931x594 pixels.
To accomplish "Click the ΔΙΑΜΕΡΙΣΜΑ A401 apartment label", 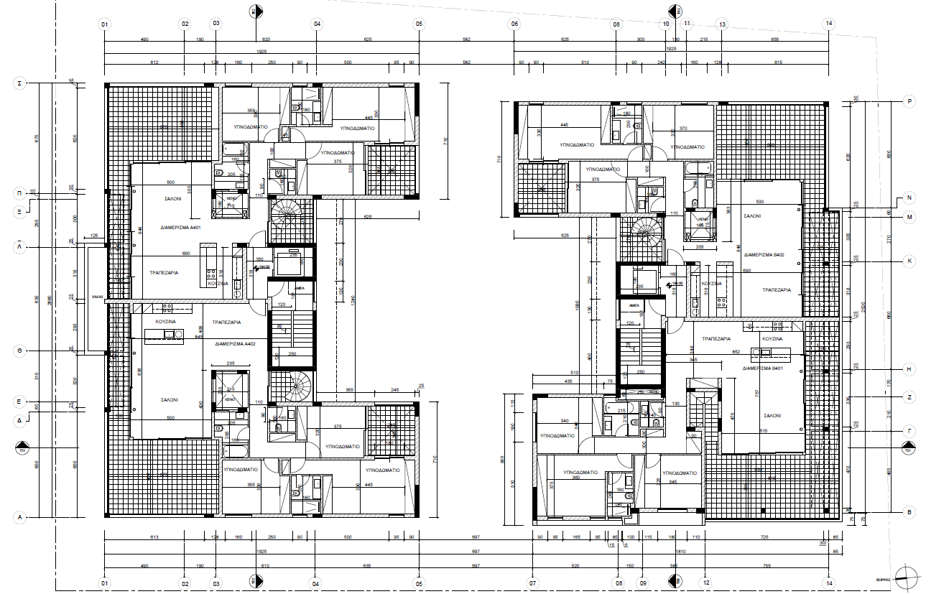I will tap(180, 228).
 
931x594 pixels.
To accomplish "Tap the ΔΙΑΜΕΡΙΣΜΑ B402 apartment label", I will tap(764, 254).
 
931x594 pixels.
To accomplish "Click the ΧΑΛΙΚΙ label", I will tap(97, 296).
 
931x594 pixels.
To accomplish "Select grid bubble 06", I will tap(514, 24).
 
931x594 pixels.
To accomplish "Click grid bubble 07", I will tap(533, 583).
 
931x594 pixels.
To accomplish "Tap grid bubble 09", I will tap(643, 583).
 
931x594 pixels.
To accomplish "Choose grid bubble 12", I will tap(706, 583).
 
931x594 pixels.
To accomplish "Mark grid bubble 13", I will tap(722, 24).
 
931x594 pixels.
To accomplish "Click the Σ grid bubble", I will tap(20, 84).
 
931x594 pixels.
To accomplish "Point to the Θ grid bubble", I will tap(20, 351).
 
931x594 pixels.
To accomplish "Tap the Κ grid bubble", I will tap(909, 261).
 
